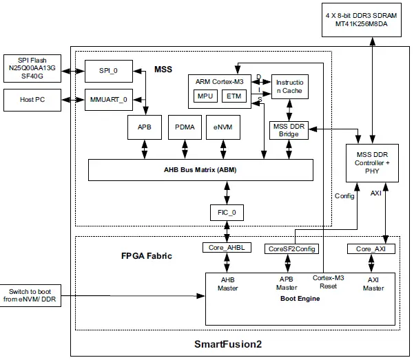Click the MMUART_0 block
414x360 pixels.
click(105, 100)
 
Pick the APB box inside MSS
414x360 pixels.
click(144, 127)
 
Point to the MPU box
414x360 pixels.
click(205, 96)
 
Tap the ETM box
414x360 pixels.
click(234, 96)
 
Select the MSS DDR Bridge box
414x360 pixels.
click(289, 129)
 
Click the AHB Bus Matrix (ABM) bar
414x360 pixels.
click(200, 170)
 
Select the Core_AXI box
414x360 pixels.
click(371, 248)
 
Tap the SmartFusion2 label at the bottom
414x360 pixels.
click(231, 342)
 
